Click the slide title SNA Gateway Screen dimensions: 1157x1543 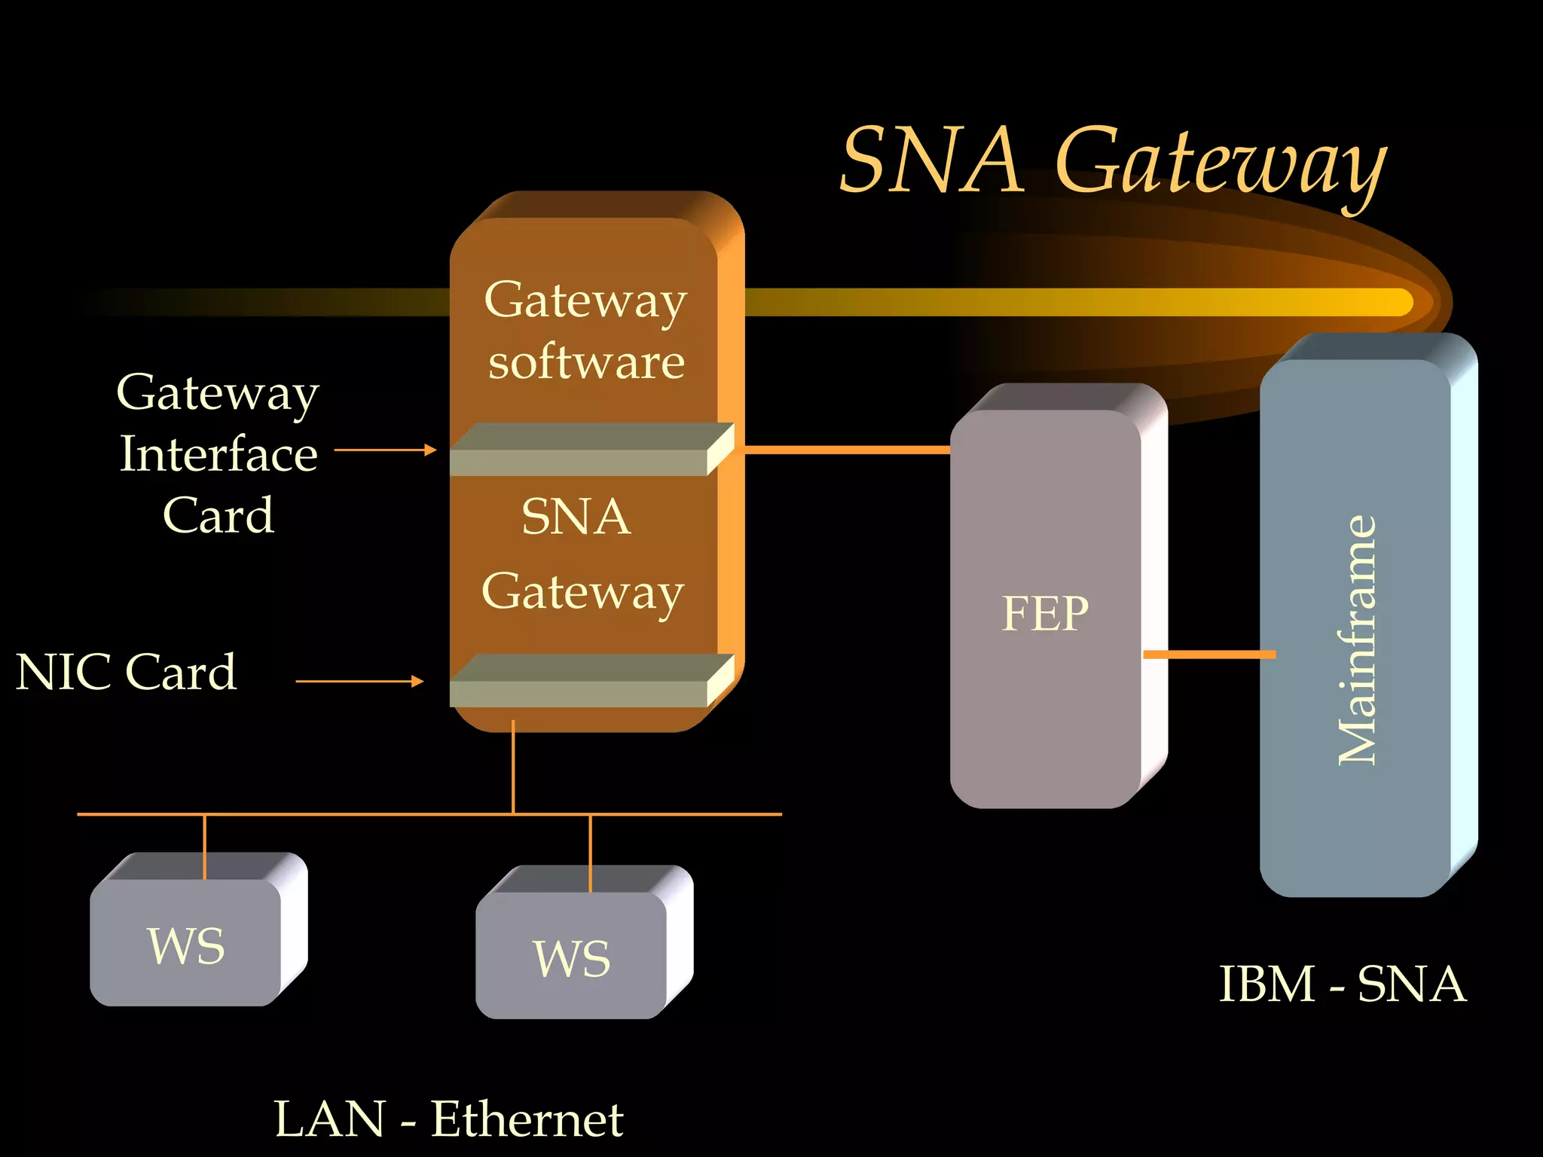point(1113,162)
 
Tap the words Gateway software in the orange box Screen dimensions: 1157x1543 point(585,331)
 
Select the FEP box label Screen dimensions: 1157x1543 point(1045,613)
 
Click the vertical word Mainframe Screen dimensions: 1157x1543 point(1357,640)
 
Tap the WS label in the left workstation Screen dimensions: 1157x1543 point(186,946)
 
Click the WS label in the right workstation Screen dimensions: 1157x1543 point(572,959)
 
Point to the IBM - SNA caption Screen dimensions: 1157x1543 point(1342,984)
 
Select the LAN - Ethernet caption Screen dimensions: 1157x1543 point(448,1119)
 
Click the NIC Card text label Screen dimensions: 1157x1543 point(126,672)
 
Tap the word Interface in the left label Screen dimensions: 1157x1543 point(218,454)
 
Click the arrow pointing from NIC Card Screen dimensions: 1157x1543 point(360,681)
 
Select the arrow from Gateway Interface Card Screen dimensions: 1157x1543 point(385,450)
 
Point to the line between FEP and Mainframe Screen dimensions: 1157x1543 point(1209,655)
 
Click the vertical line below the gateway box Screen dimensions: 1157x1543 point(513,768)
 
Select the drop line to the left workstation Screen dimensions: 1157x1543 point(204,846)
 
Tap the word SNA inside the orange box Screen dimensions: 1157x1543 point(576,517)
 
